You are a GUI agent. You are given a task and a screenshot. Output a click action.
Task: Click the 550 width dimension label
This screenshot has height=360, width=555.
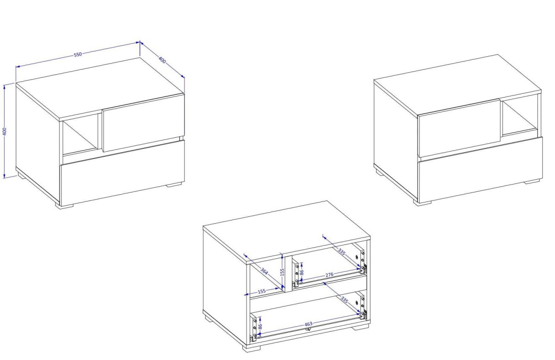point(78,55)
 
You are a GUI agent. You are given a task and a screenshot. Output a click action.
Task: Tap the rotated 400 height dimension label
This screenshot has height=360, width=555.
point(5,131)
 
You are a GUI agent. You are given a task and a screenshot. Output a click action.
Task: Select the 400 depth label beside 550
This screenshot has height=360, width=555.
point(162,60)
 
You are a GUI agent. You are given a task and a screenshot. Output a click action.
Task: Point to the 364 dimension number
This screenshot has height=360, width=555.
point(264,271)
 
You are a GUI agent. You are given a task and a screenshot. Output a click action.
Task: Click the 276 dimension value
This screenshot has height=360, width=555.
point(329,275)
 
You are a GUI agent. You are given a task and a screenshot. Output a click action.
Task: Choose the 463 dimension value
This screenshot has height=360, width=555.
point(308,324)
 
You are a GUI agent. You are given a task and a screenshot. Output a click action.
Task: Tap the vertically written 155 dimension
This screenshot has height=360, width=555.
point(282,272)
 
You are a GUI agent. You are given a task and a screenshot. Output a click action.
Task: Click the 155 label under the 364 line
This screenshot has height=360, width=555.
point(262,292)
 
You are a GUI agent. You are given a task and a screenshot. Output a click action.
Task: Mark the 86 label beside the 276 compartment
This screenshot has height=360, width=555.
point(302,272)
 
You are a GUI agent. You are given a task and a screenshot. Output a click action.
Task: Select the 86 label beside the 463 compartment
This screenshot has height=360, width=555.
point(260,327)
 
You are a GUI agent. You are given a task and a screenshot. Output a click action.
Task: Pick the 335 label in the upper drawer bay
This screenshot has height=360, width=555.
point(341,252)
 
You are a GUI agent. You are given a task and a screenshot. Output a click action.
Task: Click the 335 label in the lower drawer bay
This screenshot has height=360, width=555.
point(345,300)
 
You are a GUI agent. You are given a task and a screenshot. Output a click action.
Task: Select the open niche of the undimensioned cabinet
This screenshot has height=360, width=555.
point(520,116)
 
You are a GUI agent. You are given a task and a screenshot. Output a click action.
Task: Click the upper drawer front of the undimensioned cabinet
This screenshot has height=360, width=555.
point(459,128)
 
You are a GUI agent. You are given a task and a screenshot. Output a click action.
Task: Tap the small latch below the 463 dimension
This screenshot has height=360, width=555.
point(308,329)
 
